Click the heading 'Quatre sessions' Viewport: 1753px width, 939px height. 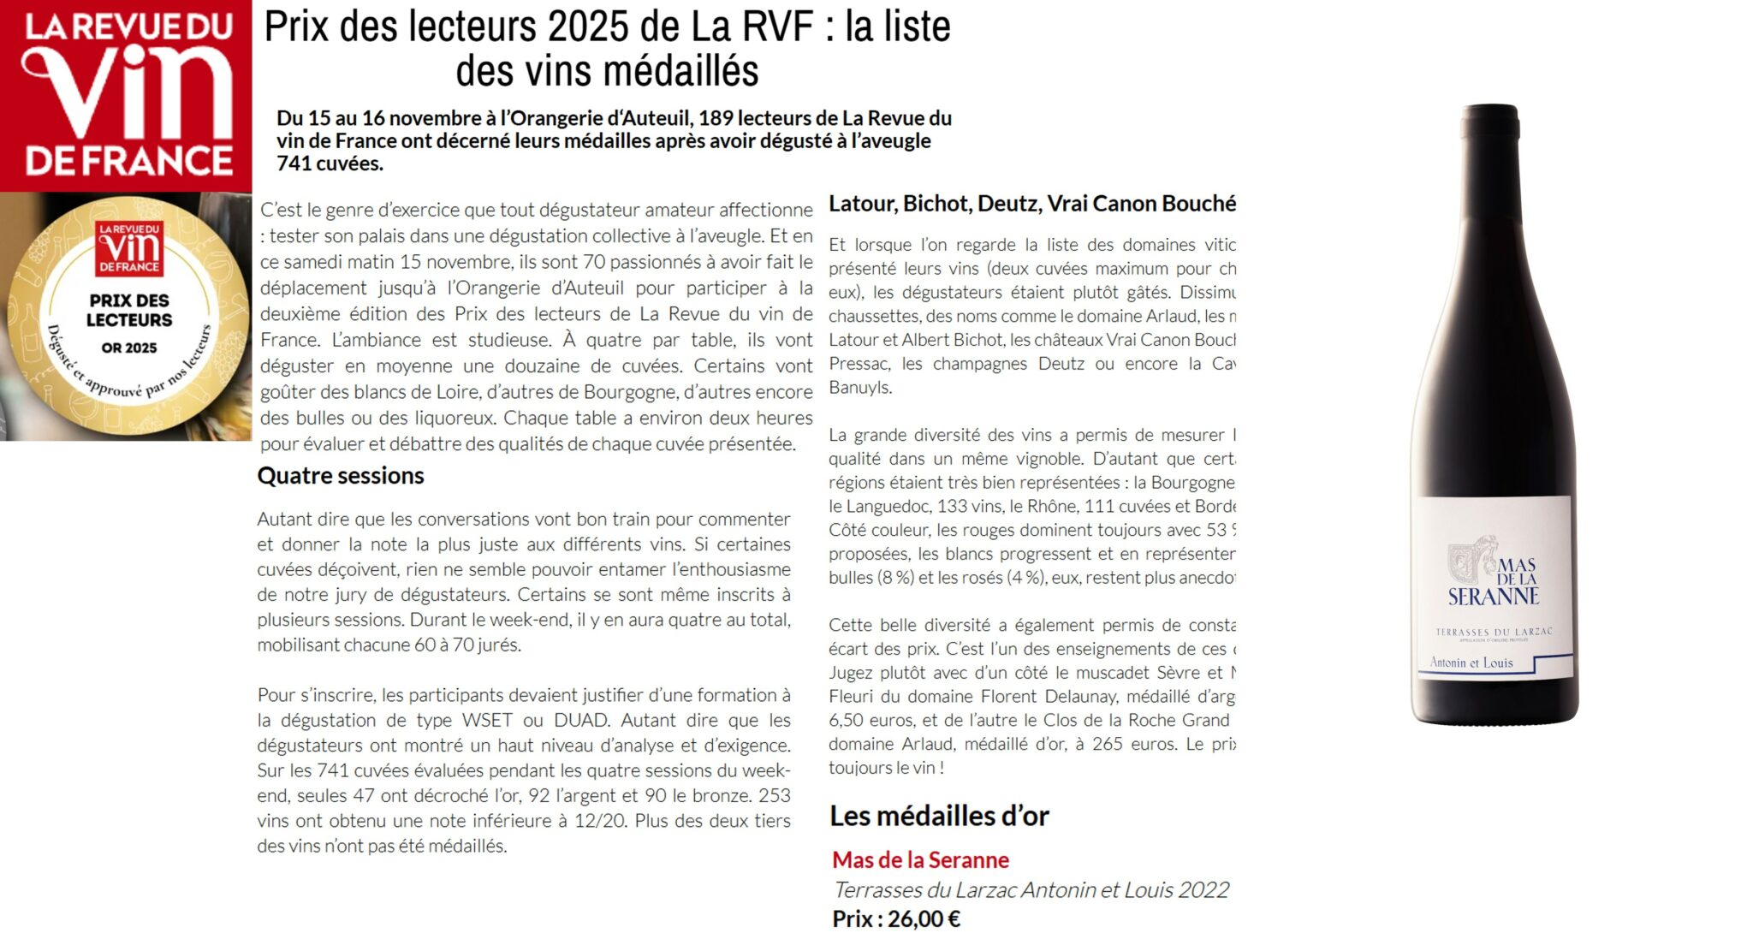pyautogui.click(x=340, y=476)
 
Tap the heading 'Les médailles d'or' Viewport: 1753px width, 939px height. pyautogui.click(x=938, y=816)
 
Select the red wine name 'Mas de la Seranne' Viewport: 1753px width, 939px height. pyautogui.click(x=920, y=859)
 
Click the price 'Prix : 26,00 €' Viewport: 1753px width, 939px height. pyautogui.click(x=895, y=919)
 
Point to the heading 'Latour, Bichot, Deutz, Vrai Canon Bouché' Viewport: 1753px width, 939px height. pyautogui.click(x=1031, y=204)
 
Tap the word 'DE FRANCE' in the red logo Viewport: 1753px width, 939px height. pyautogui.click(x=128, y=161)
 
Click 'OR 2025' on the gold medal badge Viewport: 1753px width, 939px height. pyautogui.click(x=129, y=348)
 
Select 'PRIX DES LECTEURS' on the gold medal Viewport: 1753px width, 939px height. pyautogui.click(x=129, y=310)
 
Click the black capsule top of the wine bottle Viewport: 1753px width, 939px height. pyautogui.click(x=1490, y=120)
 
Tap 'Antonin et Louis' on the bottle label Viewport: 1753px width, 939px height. pyautogui.click(x=1471, y=663)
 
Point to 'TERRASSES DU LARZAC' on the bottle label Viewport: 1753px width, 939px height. pyautogui.click(x=1493, y=632)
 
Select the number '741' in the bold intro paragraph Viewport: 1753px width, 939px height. pyautogui.click(x=293, y=163)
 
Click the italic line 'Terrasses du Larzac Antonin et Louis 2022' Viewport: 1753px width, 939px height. pyautogui.click(x=1031, y=890)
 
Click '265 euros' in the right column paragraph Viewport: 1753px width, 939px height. pyautogui.click(x=1119, y=744)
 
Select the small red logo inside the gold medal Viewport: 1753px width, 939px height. pyautogui.click(x=129, y=248)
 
